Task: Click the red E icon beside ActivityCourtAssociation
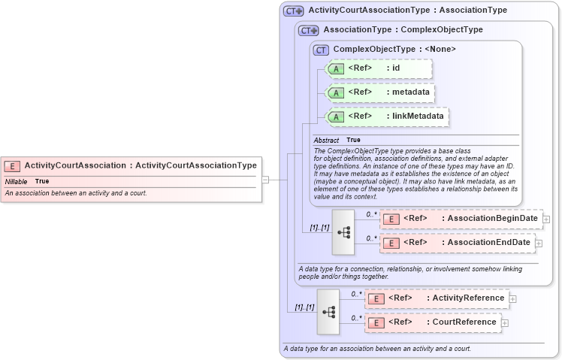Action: click(x=12, y=166)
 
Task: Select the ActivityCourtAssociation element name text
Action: click(x=75, y=165)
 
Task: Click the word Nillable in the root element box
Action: click(x=16, y=181)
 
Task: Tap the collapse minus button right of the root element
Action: click(x=265, y=180)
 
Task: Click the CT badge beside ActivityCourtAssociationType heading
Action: click(x=293, y=11)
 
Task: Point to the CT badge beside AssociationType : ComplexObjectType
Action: click(x=308, y=31)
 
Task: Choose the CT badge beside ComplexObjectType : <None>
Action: click(x=322, y=50)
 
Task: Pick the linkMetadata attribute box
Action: click(x=387, y=116)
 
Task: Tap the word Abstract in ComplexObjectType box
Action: click(x=326, y=140)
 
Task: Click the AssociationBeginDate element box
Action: click(x=461, y=219)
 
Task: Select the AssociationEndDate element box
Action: click(x=457, y=243)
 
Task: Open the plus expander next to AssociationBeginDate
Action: click(x=546, y=219)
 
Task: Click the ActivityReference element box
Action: click(x=437, y=298)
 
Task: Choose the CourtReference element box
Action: click(x=432, y=322)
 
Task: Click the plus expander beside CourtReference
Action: click(x=505, y=323)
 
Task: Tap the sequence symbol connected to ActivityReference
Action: click(x=328, y=310)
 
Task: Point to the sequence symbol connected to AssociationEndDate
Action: click(x=343, y=231)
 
